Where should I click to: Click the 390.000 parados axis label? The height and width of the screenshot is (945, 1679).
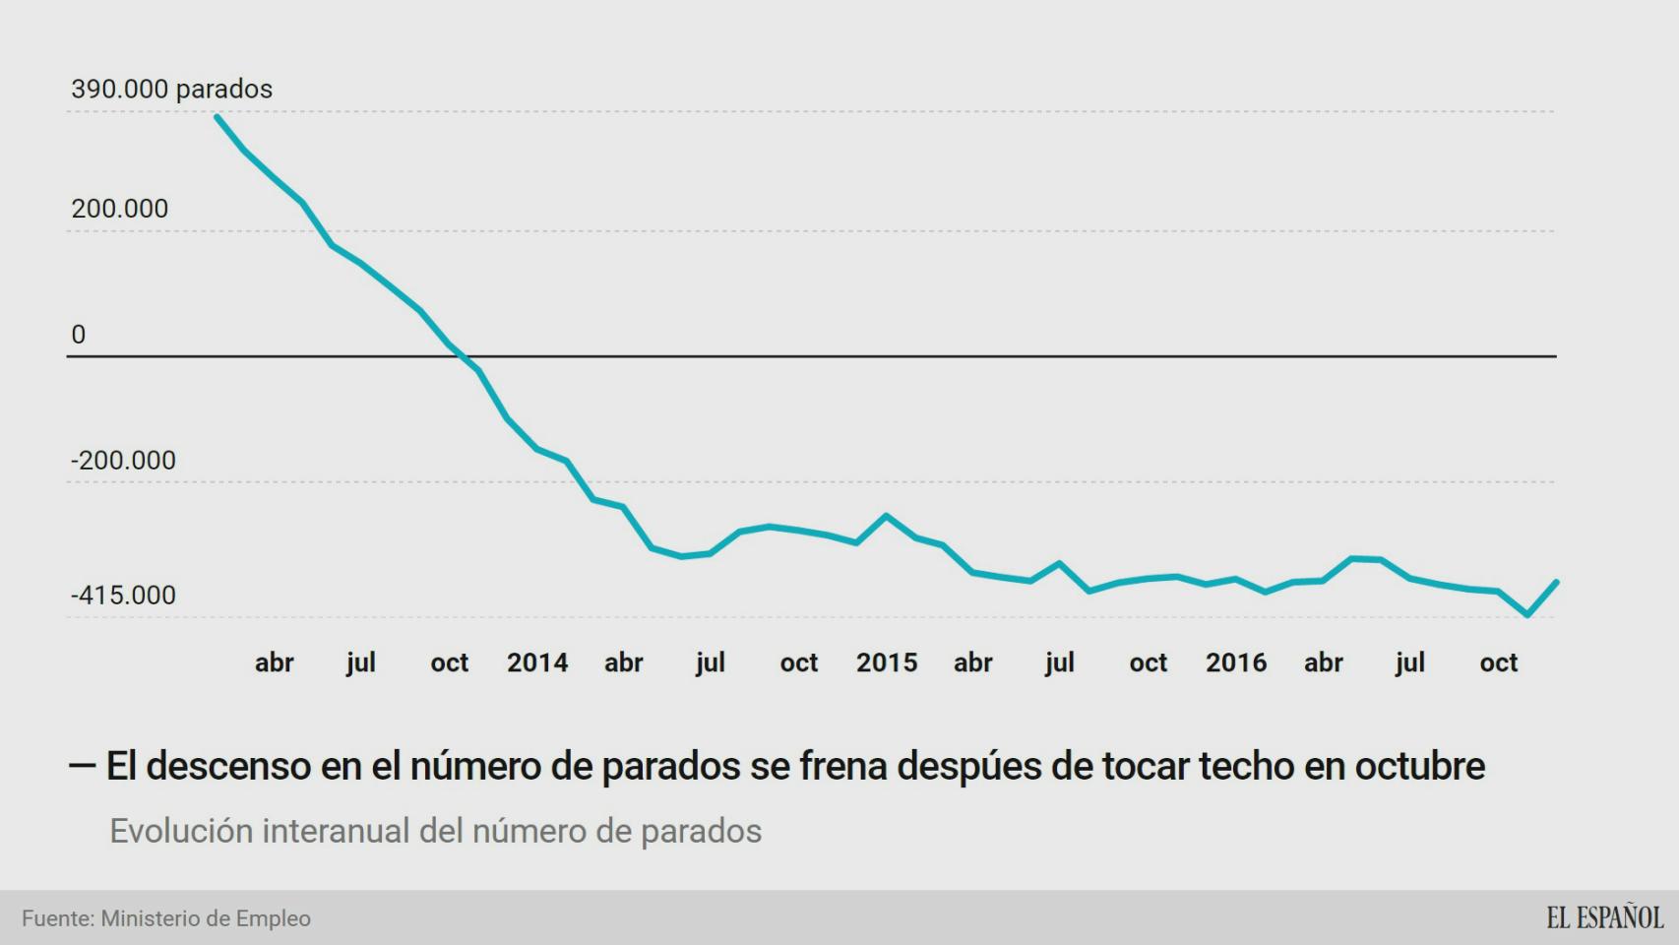pyautogui.click(x=171, y=89)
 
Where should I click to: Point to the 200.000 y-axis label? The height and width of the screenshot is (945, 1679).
pyautogui.click(x=119, y=209)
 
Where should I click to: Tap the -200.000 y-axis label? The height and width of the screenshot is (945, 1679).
pyautogui.click(x=123, y=461)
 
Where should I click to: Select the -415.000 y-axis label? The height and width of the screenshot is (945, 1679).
pyautogui.click(x=123, y=596)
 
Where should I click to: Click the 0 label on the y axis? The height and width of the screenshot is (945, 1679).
pyautogui.click(x=79, y=335)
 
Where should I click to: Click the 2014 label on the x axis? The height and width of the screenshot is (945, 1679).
pyautogui.click(x=537, y=662)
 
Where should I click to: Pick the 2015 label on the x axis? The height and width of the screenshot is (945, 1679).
pyautogui.click(x=887, y=662)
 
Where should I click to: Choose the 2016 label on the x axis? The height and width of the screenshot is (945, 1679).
pyautogui.click(x=1236, y=662)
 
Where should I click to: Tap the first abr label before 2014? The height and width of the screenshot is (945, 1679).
pyautogui.click(x=274, y=662)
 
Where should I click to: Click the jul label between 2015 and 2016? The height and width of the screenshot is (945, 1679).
pyautogui.click(x=1060, y=662)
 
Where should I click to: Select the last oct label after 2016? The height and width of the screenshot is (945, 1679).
pyautogui.click(x=1499, y=662)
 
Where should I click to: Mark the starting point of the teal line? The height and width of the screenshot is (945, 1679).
pyautogui.click(x=217, y=116)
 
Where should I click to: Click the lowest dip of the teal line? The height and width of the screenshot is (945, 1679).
pyautogui.click(x=1526, y=615)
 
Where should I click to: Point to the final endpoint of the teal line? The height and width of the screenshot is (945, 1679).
pyautogui.click(x=1557, y=582)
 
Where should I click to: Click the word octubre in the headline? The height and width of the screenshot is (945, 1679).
pyautogui.click(x=1419, y=766)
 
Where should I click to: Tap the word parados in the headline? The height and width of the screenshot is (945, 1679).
pyautogui.click(x=670, y=766)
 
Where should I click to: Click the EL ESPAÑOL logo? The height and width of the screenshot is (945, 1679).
pyautogui.click(x=1604, y=917)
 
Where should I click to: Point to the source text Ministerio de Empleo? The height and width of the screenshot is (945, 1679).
pyautogui.click(x=206, y=918)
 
